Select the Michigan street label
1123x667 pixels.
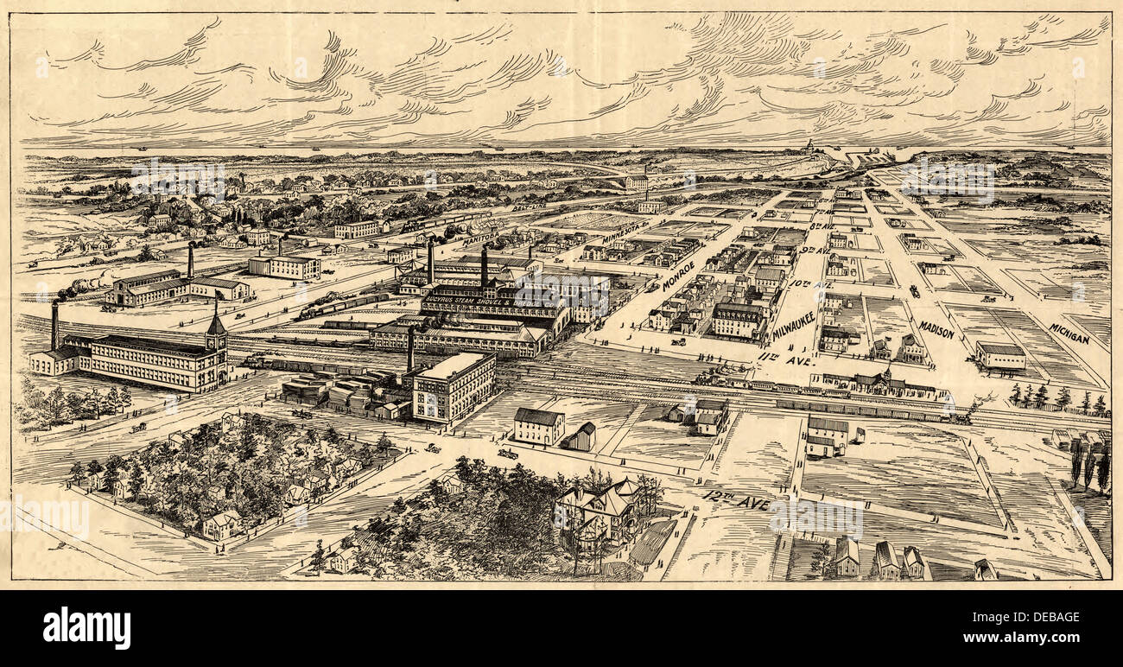pos(1069,333)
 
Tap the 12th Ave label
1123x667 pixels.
pos(726,500)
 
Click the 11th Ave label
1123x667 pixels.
pos(785,359)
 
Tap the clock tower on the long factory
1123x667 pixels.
pos(216,337)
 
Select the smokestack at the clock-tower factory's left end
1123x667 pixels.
pos(55,325)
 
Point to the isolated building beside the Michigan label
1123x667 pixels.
pos(999,355)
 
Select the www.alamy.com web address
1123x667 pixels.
pos(1032,639)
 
